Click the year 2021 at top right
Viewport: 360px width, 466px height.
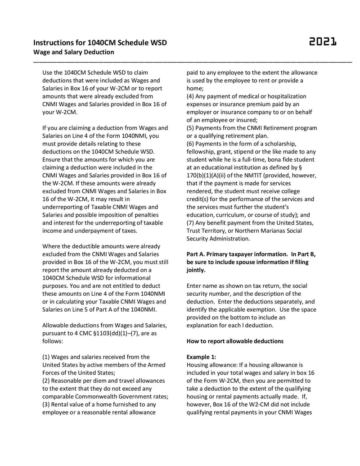click(x=323, y=42)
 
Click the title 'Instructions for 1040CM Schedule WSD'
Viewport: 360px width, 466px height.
click(x=100, y=43)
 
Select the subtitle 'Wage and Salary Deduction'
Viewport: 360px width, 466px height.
click(x=73, y=52)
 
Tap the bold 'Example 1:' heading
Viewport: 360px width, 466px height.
click(x=201, y=357)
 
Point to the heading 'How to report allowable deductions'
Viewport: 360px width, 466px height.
click(x=235, y=341)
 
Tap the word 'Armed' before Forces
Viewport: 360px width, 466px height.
click(x=156, y=365)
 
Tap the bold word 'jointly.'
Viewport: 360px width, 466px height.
click(x=196, y=270)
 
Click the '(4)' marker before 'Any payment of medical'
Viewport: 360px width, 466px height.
click(x=191, y=96)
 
